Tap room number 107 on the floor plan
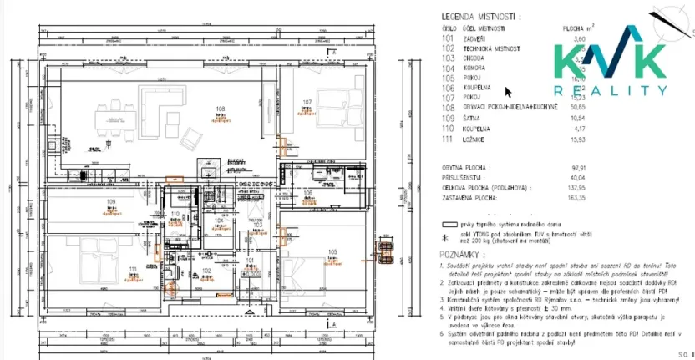click(307, 104)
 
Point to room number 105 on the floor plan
click(332, 252)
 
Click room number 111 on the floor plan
click(132, 268)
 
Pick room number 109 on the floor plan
click(111, 202)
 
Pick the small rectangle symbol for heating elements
click(451, 225)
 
